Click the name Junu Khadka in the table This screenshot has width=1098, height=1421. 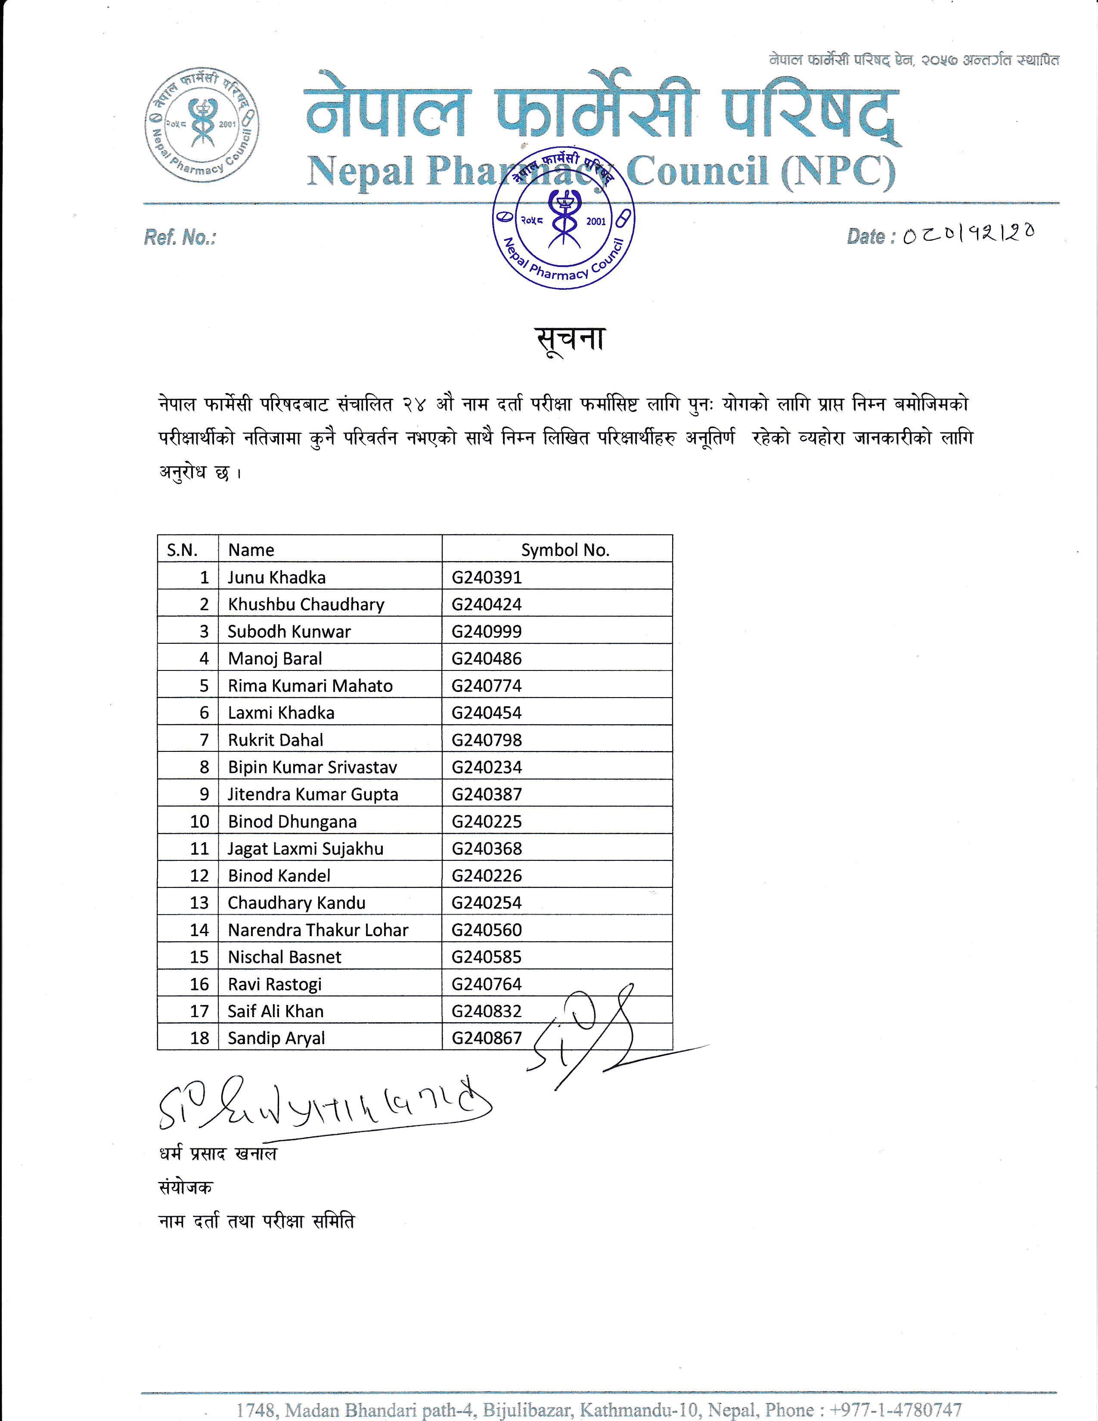[276, 577]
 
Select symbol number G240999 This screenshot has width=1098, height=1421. [487, 632]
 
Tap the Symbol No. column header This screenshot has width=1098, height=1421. [565, 550]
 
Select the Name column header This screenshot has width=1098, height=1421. [251, 550]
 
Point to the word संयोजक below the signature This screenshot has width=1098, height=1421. [186, 1188]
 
